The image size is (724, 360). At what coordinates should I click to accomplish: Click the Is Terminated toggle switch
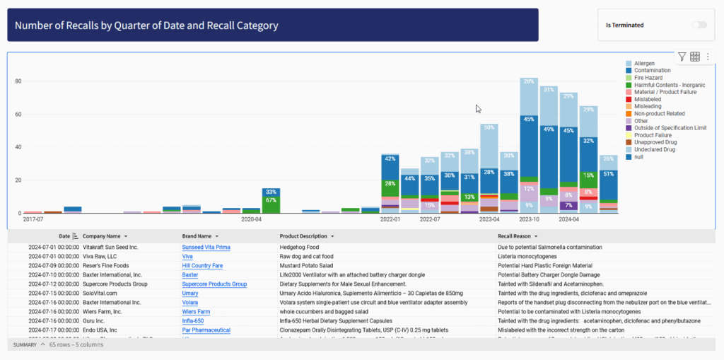699,25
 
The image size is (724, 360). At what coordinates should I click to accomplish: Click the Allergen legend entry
644,64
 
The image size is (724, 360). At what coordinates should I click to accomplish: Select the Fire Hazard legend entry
648,78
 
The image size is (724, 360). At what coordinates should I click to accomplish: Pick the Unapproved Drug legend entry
653,142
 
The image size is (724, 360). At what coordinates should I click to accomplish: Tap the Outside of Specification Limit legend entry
670,128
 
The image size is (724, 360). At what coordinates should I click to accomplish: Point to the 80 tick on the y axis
18,81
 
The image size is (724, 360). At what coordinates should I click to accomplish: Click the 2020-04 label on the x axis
252,220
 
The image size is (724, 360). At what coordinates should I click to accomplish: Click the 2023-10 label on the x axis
529,220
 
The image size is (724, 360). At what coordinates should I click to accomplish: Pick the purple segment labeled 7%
568,206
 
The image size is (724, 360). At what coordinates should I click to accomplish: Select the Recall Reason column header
513,236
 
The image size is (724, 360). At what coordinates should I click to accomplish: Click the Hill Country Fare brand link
202,266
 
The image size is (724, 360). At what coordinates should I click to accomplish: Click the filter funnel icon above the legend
682,57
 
